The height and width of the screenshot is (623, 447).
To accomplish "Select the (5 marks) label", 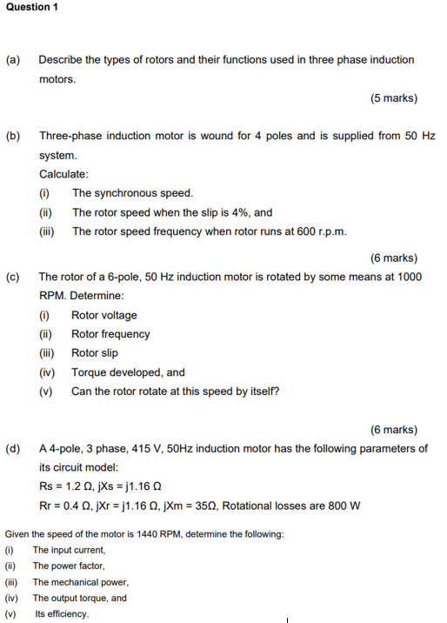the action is pos(393,98).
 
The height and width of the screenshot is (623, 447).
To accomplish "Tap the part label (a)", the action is pos(13,60).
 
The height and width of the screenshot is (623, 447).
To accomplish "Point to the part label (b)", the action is pos(13,137).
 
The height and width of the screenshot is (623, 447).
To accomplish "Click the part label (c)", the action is pos(13,277).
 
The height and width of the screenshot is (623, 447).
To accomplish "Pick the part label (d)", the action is pos(13,449).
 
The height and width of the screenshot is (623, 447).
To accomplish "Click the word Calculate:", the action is pos(63,174).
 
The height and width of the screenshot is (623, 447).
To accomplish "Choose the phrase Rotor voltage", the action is pos(103,315).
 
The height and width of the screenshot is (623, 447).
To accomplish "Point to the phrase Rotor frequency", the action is pos(110,334).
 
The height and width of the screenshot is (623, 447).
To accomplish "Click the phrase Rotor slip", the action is pos(95,353).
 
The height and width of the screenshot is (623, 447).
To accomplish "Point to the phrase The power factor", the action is pos(69,566).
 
